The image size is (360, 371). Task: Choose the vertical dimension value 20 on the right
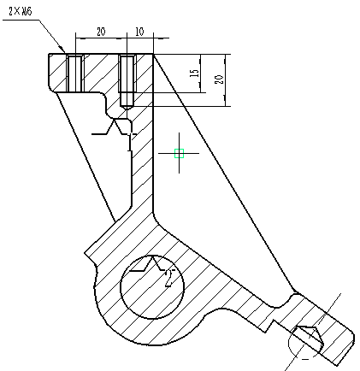pos(219,79)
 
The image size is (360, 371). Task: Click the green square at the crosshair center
pos(179,154)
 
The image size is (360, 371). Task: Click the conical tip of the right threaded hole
pos(127,105)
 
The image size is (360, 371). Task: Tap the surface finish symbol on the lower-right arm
pos(308,335)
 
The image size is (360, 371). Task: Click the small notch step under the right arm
pos(272,324)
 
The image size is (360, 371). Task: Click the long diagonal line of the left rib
pos(86,154)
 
